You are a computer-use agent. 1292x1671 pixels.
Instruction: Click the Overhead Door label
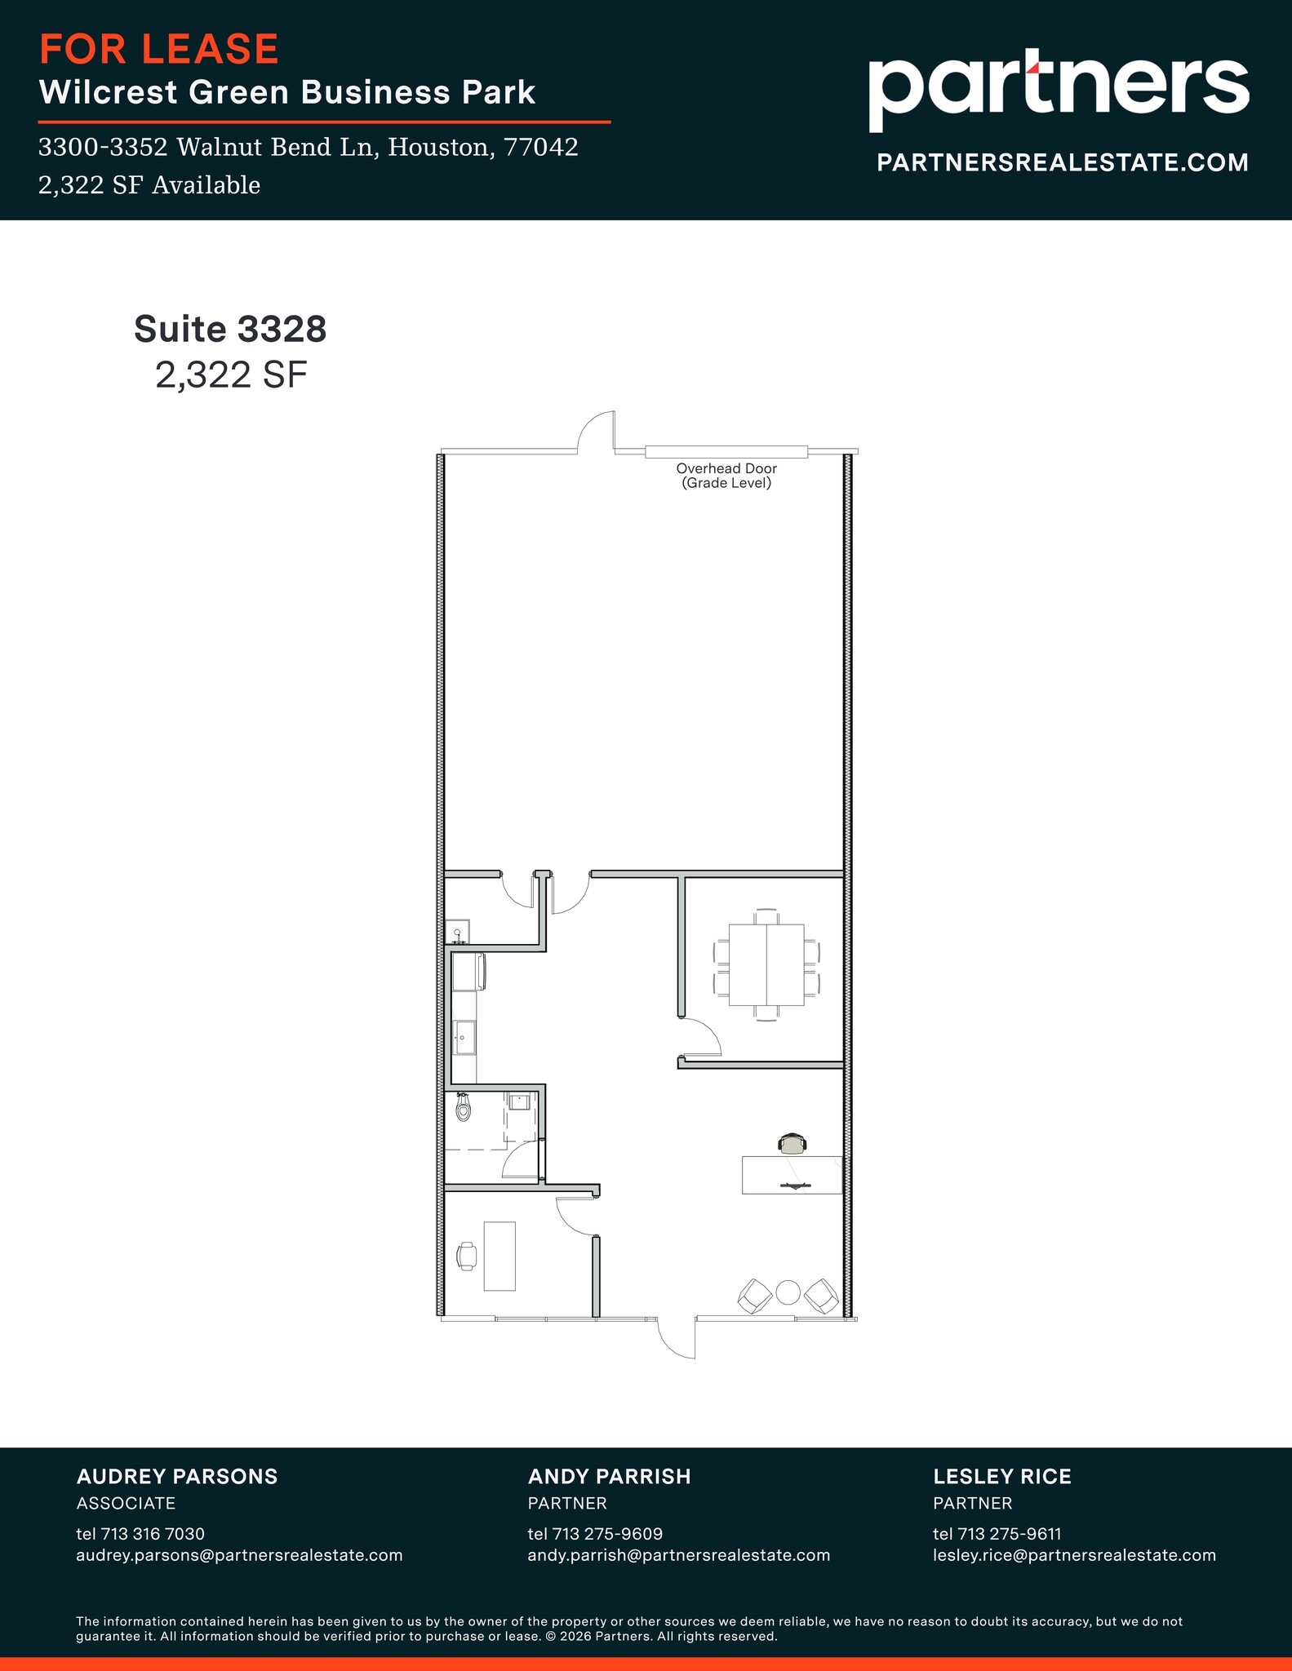point(726,475)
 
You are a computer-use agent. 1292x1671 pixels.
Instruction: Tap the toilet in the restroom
point(464,1107)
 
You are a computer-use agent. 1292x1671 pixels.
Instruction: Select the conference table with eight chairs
point(766,964)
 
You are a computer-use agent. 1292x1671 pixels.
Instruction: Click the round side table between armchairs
point(788,1292)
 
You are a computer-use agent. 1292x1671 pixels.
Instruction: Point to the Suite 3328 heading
point(230,329)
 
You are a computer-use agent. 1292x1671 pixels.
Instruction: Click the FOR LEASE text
point(159,49)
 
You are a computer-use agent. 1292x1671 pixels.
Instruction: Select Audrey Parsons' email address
point(239,1555)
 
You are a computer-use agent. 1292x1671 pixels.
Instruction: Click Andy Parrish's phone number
point(595,1534)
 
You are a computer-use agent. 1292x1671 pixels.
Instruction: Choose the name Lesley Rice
point(1002,1476)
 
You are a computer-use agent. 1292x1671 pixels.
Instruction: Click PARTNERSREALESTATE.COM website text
point(1062,162)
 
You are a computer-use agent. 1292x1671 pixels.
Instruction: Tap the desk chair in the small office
point(467,1256)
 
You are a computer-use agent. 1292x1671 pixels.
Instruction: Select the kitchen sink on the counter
point(465,1037)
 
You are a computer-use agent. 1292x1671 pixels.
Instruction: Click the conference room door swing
point(700,1038)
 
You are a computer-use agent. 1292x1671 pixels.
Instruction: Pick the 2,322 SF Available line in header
point(149,185)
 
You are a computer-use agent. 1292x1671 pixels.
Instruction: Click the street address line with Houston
point(308,147)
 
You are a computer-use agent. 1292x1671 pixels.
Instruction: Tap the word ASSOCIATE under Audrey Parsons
point(126,1503)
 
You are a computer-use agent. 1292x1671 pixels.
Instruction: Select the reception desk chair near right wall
point(792,1144)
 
